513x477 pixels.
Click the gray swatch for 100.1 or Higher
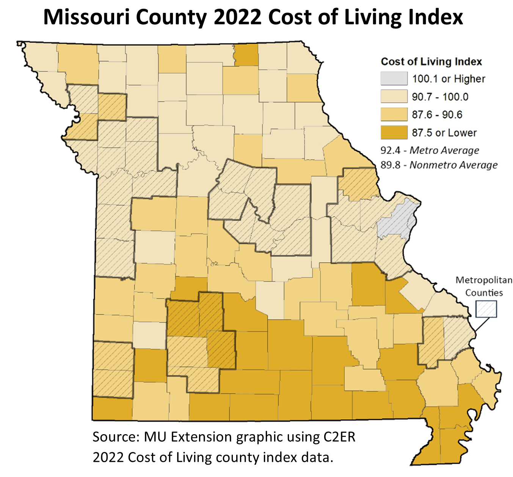tap(394, 79)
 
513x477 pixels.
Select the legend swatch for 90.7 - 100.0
tap(394, 97)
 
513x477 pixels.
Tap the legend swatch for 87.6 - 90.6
tap(394, 115)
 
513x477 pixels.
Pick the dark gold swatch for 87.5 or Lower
tap(394, 133)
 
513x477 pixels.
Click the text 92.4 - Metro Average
tap(430, 151)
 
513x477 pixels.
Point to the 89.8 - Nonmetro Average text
tap(439, 165)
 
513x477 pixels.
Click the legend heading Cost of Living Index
tap(431, 61)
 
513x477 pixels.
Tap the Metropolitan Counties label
tap(484, 287)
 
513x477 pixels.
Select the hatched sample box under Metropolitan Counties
tap(486, 309)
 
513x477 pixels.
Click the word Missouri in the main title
tap(85, 17)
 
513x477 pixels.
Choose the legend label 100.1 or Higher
tap(449, 79)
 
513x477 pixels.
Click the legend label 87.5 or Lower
tap(444, 133)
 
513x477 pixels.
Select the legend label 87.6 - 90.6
tap(437, 115)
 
